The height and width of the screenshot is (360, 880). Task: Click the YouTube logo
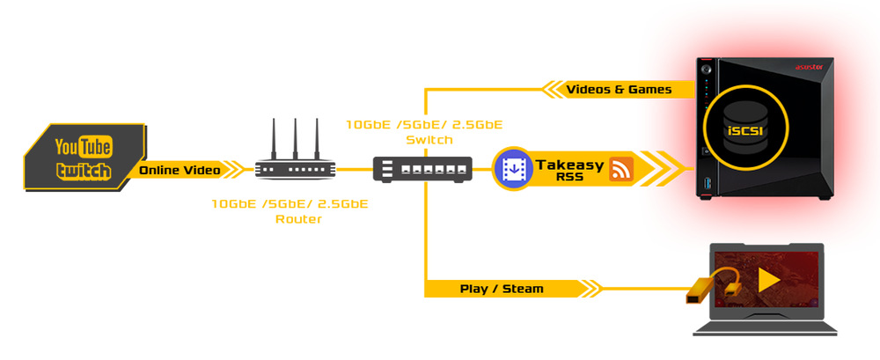(84, 148)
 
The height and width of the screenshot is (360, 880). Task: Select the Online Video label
(180, 170)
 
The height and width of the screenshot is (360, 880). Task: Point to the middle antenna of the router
(295, 139)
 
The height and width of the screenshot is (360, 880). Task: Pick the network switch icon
(422, 169)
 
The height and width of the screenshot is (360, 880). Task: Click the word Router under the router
(298, 219)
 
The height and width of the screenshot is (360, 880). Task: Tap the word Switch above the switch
(424, 139)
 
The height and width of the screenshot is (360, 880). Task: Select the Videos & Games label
(619, 89)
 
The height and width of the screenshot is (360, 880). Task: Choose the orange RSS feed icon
(621, 169)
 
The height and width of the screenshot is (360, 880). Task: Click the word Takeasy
(569, 165)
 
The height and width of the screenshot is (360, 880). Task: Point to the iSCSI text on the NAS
(744, 131)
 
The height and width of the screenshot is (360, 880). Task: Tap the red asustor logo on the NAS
(810, 67)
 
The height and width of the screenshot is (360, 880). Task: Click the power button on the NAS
(706, 69)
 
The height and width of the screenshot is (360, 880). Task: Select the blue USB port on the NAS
(706, 184)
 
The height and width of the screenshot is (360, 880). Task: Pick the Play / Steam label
(502, 290)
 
